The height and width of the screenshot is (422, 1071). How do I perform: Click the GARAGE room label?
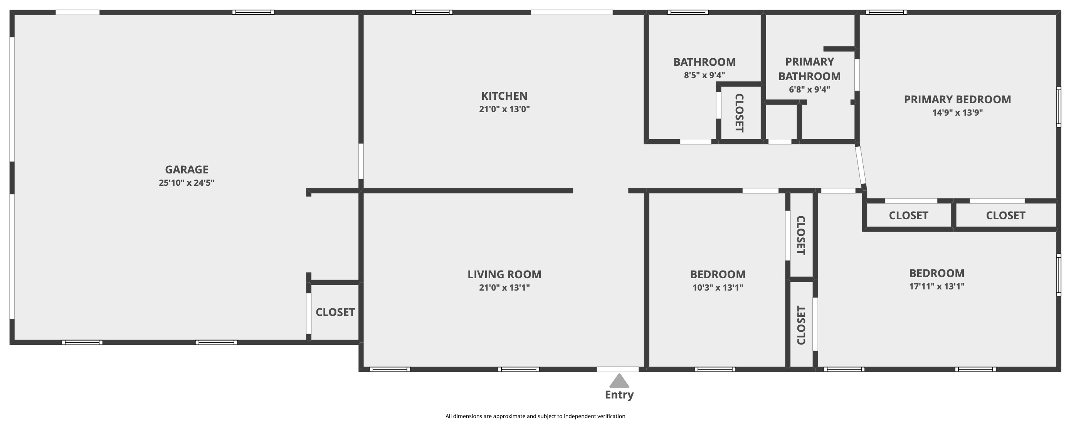pyautogui.click(x=187, y=170)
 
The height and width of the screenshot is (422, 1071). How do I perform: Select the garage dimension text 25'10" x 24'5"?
pyautogui.click(x=187, y=183)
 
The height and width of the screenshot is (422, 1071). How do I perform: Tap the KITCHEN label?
pyautogui.click(x=504, y=96)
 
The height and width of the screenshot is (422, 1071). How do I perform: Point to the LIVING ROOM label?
pyautogui.click(x=504, y=274)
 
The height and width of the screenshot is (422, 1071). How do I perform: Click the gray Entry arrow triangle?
pyautogui.click(x=619, y=380)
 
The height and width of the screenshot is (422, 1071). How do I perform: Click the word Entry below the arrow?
pyautogui.click(x=619, y=395)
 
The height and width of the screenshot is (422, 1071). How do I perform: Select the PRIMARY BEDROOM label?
pyautogui.click(x=957, y=100)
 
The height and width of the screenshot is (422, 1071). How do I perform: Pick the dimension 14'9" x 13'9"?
pyautogui.click(x=957, y=113)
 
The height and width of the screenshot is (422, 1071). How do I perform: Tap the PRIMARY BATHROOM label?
pyautogui.click(x=809, y=69)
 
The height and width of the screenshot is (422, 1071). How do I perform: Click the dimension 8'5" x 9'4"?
pyautogui.click(x=704, y=75)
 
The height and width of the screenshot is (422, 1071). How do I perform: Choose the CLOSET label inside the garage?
pyautogui.click(x=335, y=312)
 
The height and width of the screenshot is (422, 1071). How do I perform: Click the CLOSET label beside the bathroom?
pyautogui.click(x=739, y=113)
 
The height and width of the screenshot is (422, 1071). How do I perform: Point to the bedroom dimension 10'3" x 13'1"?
pyautogui.click(x=718, y=287)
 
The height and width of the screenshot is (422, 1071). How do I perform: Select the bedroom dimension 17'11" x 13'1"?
pyautogui.click(x=937, y=286)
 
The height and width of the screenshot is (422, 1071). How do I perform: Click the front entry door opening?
pyautogui.click(x=618, y=369)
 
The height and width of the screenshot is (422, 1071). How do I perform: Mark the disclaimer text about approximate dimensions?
pyautogui.click(x=536, y=416)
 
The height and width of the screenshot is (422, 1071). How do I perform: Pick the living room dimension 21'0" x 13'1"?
pyautogui.click(x=504, y=287)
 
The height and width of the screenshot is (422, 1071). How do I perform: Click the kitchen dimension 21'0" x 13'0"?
pyautogui.click(x=504, y=109)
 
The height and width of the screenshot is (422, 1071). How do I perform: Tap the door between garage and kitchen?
pyautogui.click(x=361, y=161)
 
